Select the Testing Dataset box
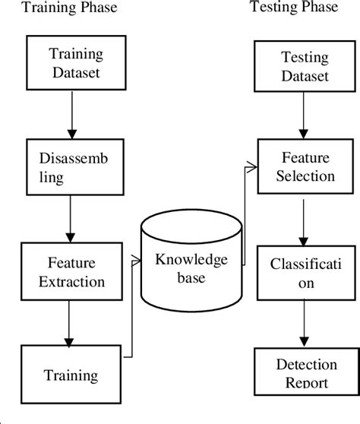pos(305,67)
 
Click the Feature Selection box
pos(305,166)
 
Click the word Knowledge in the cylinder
pos(191,260)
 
